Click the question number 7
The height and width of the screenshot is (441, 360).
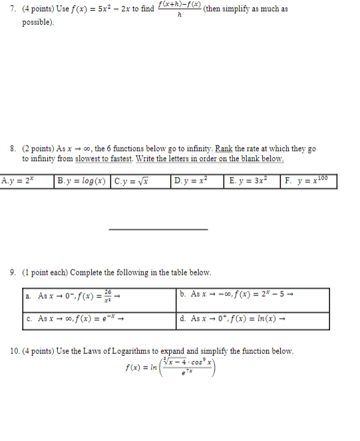tap(13, 9)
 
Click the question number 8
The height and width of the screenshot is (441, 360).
tap(13, 149)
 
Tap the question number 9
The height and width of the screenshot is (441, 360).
tap(13, 273)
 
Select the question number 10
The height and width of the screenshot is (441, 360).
tap(15, 351)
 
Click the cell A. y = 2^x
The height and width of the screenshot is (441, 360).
tap(27, 181)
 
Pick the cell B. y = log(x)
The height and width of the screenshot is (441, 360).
tap(83, 181)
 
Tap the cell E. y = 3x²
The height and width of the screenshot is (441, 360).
tap(252, 181)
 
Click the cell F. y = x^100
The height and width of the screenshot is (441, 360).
tap(308, 181)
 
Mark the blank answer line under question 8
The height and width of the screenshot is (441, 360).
tap(158, 229)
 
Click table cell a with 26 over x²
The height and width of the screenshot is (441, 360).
tap(99, 299)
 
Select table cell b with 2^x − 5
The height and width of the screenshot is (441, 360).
tap(253, 299)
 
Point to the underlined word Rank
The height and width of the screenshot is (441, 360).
tap(220, 150)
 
